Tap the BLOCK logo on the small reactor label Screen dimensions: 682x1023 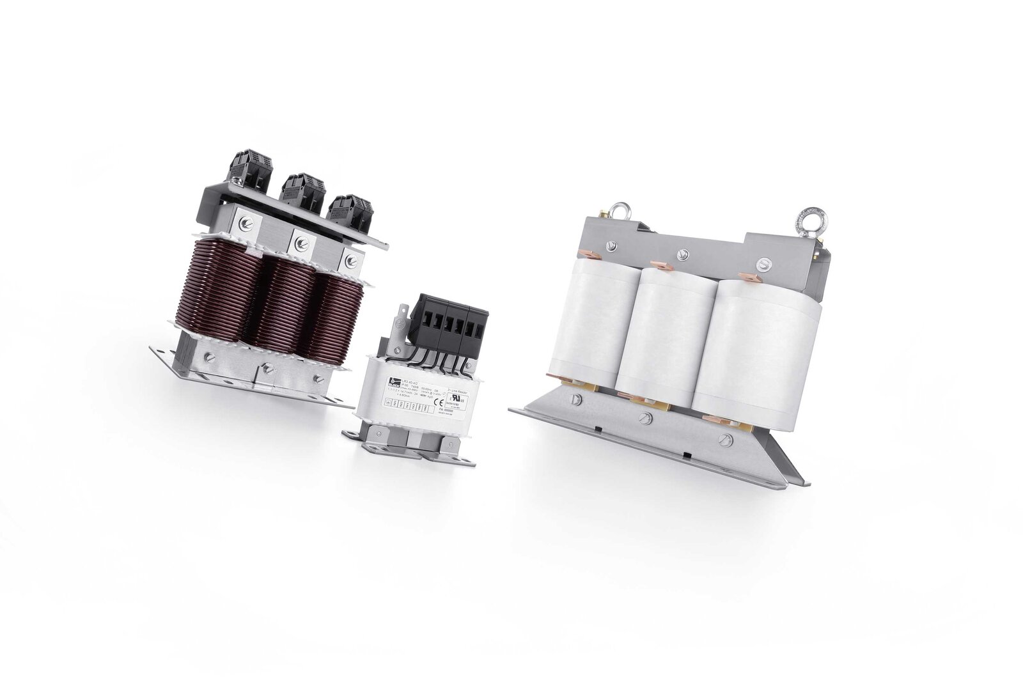pos(389,382)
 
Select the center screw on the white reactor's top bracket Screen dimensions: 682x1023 pos(684,251)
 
